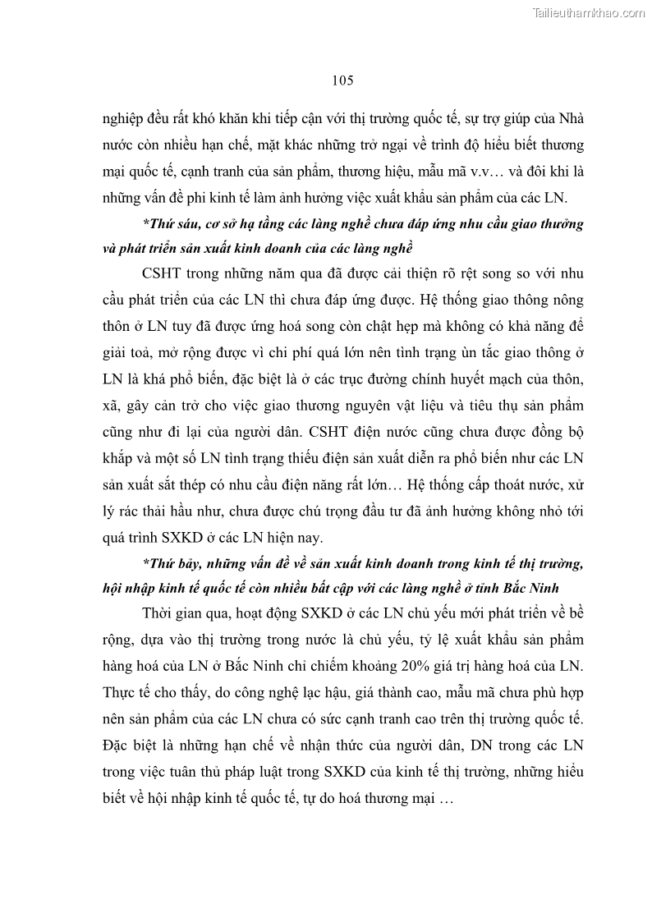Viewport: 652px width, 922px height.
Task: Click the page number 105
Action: [x=342, y=80]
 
